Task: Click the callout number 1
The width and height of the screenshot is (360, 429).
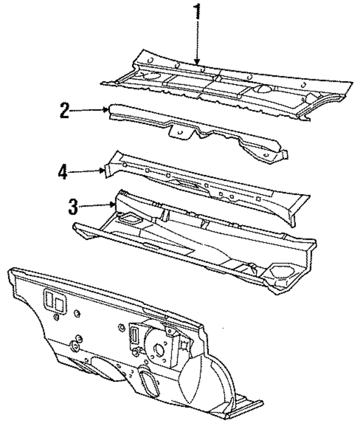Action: [x=197, y=11]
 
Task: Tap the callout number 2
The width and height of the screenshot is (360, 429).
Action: [x=65, y=110]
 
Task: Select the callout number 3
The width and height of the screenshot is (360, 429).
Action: [x=73, y=207]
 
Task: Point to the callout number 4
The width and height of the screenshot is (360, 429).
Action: [x=62, y=172]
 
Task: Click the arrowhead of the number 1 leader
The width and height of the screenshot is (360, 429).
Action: [x=197, y=62]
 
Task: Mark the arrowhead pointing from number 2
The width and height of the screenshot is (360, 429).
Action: [x=106, y=110]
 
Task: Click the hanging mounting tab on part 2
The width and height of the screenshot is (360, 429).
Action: [x=179, y=132]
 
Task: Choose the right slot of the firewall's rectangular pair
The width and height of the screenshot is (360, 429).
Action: [x=60, y=304]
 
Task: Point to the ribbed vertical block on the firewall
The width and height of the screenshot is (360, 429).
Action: [x=134, y=336]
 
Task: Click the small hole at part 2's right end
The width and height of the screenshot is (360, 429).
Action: [x=265, y=155]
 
